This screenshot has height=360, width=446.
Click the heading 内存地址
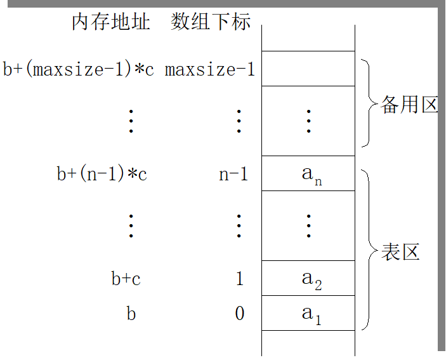point(111,22)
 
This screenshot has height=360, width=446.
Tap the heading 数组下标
point(211,22)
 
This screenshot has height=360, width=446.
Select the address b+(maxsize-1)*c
point(79,69)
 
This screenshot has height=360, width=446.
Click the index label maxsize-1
point(210,69)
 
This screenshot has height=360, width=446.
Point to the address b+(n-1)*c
point(102,173)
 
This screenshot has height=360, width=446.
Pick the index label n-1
point(233,173)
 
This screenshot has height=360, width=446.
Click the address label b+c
point(126,278)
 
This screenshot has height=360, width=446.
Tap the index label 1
point(239,278)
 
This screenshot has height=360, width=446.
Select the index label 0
point(239,313)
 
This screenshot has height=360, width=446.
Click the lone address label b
point(131,313)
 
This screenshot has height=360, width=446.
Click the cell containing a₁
point(308,313)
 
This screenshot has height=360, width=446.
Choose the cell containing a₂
point(308,278)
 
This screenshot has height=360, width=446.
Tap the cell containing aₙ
point(308,173)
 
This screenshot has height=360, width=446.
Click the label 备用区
point(409,104)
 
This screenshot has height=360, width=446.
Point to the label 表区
point(400,252)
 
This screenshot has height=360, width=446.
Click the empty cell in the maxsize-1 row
point(308,69)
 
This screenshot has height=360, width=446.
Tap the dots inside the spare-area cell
point(308,121)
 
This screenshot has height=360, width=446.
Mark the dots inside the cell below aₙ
point(308,225)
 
